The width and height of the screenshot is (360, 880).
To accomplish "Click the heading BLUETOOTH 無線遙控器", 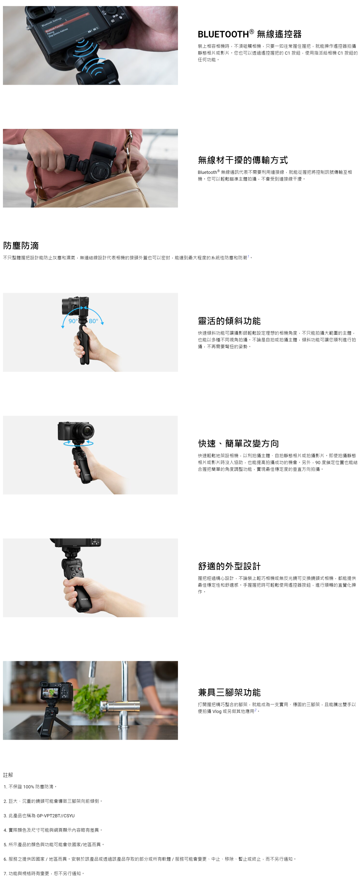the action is [249, 34].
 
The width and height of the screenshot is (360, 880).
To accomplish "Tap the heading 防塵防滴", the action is [21, 245].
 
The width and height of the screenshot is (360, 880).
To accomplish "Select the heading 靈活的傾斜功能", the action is [229, 321].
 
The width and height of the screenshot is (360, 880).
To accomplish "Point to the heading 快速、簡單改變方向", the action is [238, 443].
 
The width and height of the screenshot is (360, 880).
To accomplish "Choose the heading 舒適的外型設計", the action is [229, 566].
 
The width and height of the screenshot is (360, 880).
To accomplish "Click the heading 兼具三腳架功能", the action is [229, 692].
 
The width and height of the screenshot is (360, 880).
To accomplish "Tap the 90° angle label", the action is [73, 321].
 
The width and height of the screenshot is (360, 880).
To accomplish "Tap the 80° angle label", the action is [93, 321].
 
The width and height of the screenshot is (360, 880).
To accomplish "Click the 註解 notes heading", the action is [8, 775].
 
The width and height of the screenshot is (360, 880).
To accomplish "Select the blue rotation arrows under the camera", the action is [78, 443].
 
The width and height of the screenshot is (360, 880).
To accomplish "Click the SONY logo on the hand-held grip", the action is [84, 599].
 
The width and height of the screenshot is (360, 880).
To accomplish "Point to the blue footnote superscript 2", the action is [255, 710].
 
